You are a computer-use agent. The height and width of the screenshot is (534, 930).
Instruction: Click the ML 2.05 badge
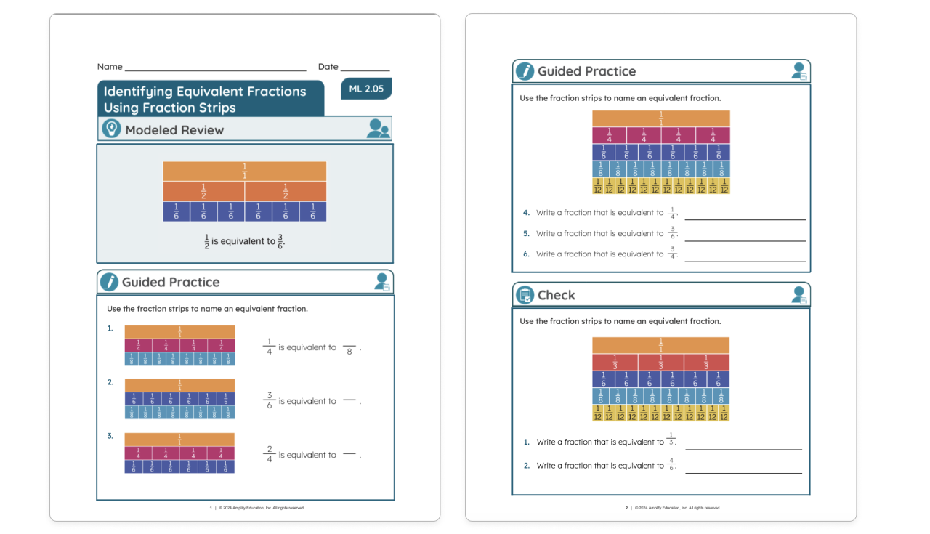click(x=366, y=89)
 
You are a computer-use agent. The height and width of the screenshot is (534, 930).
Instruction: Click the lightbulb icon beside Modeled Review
click(x=110, y=129)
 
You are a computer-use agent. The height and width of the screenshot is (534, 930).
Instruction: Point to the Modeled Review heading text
click(x=174, y=130)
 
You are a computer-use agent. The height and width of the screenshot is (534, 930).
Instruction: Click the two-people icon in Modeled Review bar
click(x=378, y=129)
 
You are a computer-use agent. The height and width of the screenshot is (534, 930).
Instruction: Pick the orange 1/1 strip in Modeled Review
click(x=244, y=171)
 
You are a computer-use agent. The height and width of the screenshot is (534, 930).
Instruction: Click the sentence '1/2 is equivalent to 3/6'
click(x=244, y=241)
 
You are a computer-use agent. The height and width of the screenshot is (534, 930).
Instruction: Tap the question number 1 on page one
click(x=110, y=328)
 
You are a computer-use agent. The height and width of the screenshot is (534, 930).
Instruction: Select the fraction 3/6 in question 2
click(x=269, y=401)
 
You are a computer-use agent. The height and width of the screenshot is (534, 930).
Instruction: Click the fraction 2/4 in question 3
click(x=269, y=455)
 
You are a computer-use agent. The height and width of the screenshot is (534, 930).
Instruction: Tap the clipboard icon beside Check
click(x=525, y=295)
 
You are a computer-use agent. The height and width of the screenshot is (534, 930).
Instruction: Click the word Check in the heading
click(x=557, y=295)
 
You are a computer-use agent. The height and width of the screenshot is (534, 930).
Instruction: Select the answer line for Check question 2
click(x=743, y=472)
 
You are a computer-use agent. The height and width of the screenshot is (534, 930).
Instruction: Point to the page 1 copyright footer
click(x=257, y=508)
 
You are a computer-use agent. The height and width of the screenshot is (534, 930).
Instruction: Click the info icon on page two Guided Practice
click(x=525, y=71)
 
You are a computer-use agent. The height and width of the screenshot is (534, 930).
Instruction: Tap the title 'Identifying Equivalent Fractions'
click(x=205, y=92)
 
